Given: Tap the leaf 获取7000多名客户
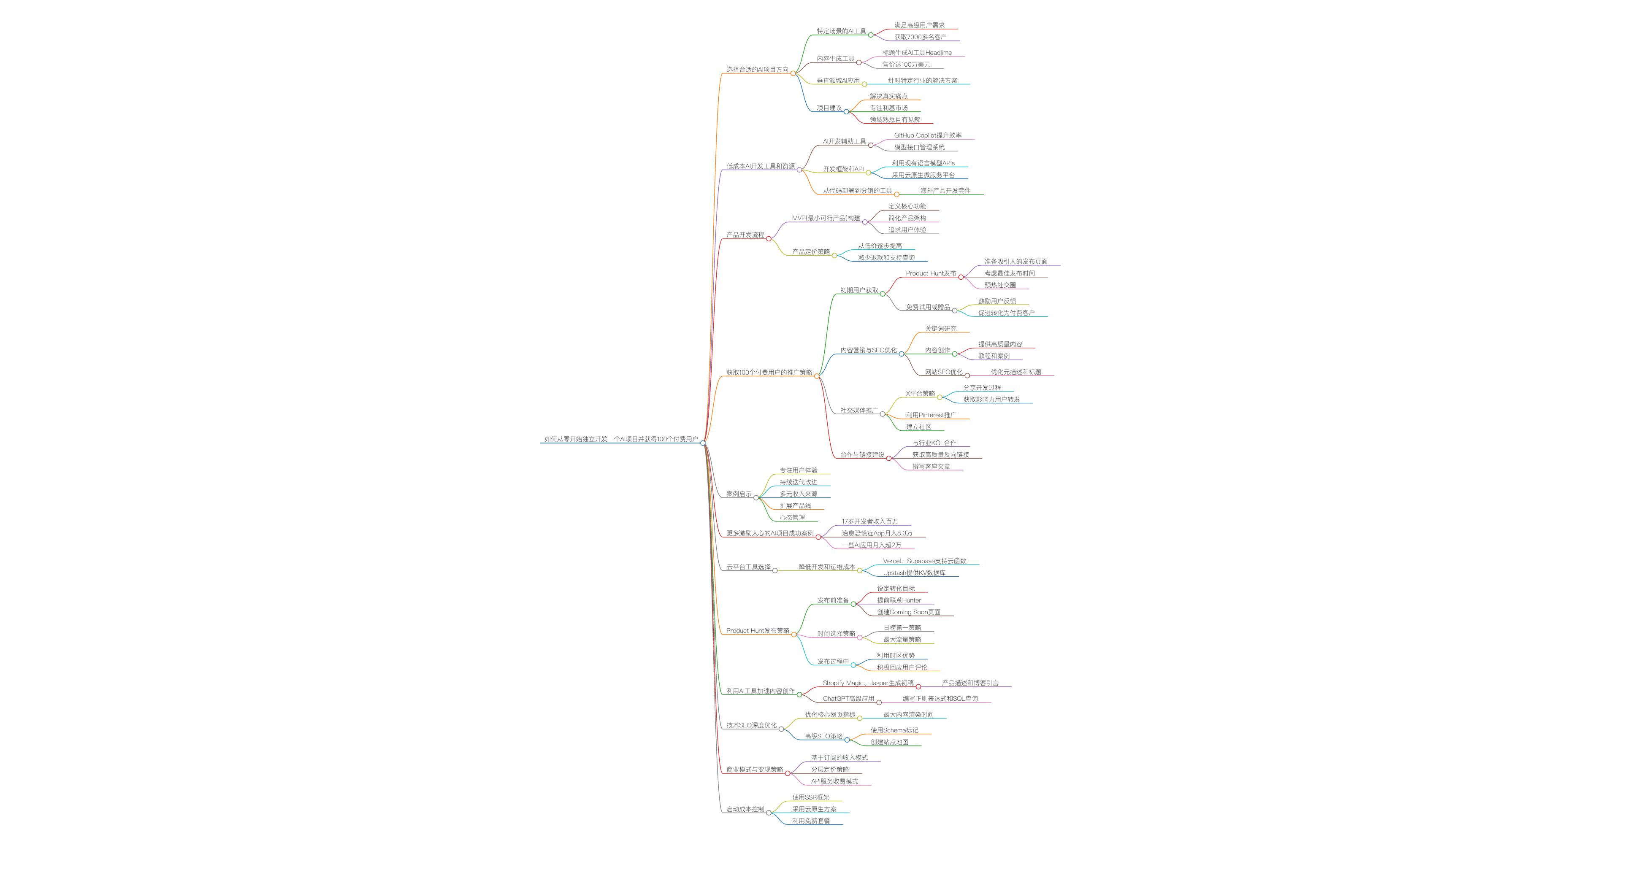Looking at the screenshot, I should tap(920, 37).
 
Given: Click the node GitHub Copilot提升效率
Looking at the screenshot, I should tap(928, 135).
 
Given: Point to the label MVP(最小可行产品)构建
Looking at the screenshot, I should tap(826, 218).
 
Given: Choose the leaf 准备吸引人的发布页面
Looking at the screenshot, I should tap(1015, 261).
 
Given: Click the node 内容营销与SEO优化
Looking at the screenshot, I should tap(868, 350).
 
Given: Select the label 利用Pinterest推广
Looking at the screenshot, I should tap(931, 415).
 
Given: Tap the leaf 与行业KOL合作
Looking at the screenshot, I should tap(934, 443).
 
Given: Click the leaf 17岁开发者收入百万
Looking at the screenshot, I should tap(869, 521).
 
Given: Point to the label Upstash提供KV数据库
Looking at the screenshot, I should tap(914, 573).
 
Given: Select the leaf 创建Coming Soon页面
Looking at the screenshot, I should tap(908, 612).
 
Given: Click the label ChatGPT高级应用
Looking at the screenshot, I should tap(848, 699).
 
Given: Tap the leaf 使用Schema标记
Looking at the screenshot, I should tap(894, 730).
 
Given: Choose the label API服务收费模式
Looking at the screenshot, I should tap(834, 781).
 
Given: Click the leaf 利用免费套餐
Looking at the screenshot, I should tap(811, 821).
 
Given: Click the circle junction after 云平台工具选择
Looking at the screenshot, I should tap(774, 571).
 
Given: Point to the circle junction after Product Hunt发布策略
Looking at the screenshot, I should tap(794, 635).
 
